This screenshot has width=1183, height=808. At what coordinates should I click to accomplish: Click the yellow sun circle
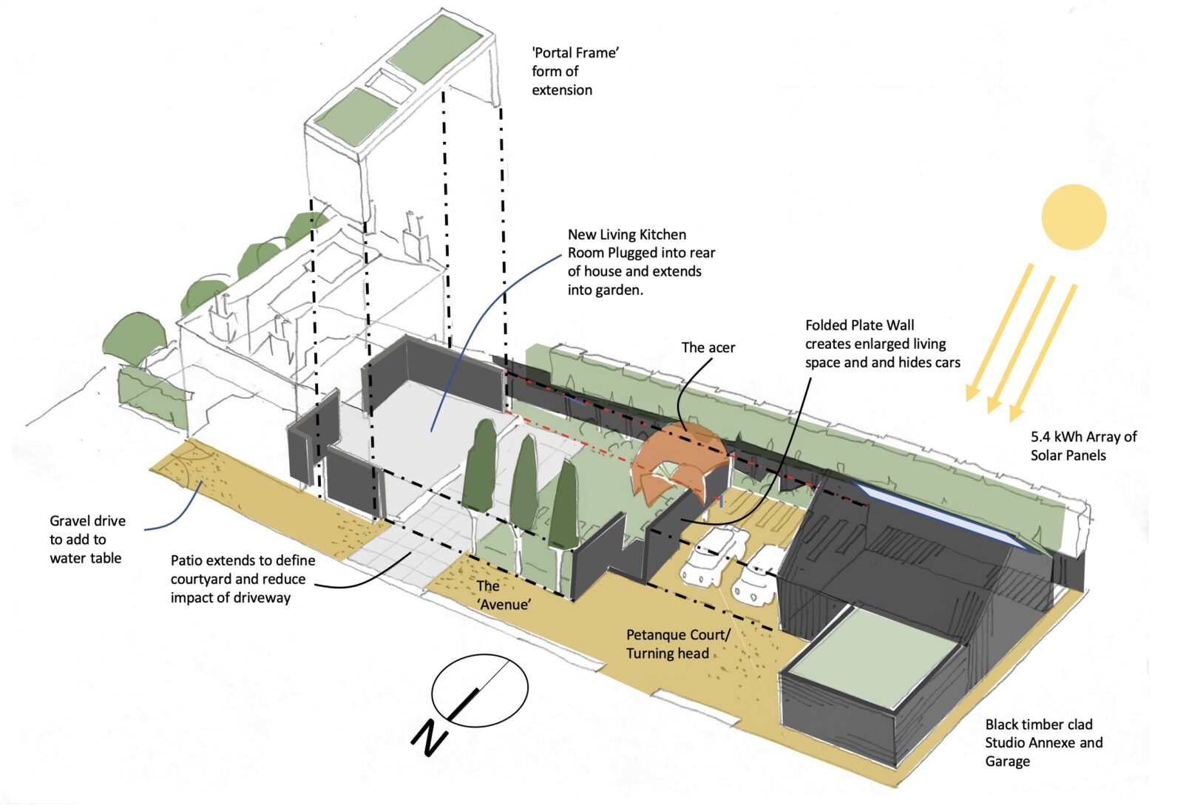(1074, 217)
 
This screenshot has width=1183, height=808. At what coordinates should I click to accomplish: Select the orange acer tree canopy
(677, 458)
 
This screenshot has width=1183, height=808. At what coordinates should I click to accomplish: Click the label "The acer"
(708, 347)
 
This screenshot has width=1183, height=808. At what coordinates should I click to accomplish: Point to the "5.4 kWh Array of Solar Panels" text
(1083, 446)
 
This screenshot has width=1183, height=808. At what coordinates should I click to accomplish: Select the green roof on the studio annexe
(872, 658)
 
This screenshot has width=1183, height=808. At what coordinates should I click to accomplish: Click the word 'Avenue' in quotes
(504, 605)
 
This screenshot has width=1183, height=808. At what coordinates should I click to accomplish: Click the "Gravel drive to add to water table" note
(87, 540)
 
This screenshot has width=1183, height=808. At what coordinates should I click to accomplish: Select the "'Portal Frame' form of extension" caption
(574, 72)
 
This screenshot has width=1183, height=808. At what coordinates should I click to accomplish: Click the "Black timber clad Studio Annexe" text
(1043, 742)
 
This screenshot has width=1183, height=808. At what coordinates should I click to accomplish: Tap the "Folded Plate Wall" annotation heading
(859, 325)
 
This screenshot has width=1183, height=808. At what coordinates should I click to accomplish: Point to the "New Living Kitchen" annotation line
(626, 234)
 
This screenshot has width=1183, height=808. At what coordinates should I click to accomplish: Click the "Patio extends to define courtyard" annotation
(242, 579)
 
